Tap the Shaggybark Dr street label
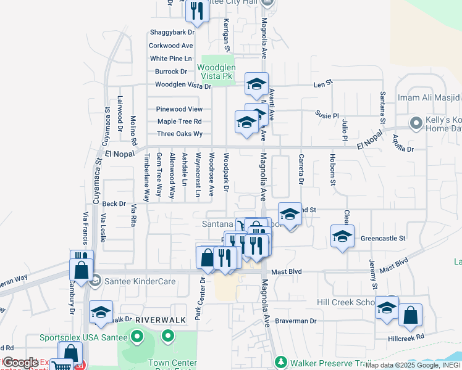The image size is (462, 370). pos(172,32)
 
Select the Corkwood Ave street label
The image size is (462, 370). pos(171,46)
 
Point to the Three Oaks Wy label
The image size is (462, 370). pos(180,134)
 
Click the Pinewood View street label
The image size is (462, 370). pos(179,109)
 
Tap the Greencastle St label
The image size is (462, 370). pos(382,238)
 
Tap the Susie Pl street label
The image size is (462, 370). pos(327,115)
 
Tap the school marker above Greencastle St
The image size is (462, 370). pos(342,236)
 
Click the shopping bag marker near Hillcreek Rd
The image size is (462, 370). pos(410,315)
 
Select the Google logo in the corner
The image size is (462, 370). pos(20,363)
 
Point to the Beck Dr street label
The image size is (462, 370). pos(114,203)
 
